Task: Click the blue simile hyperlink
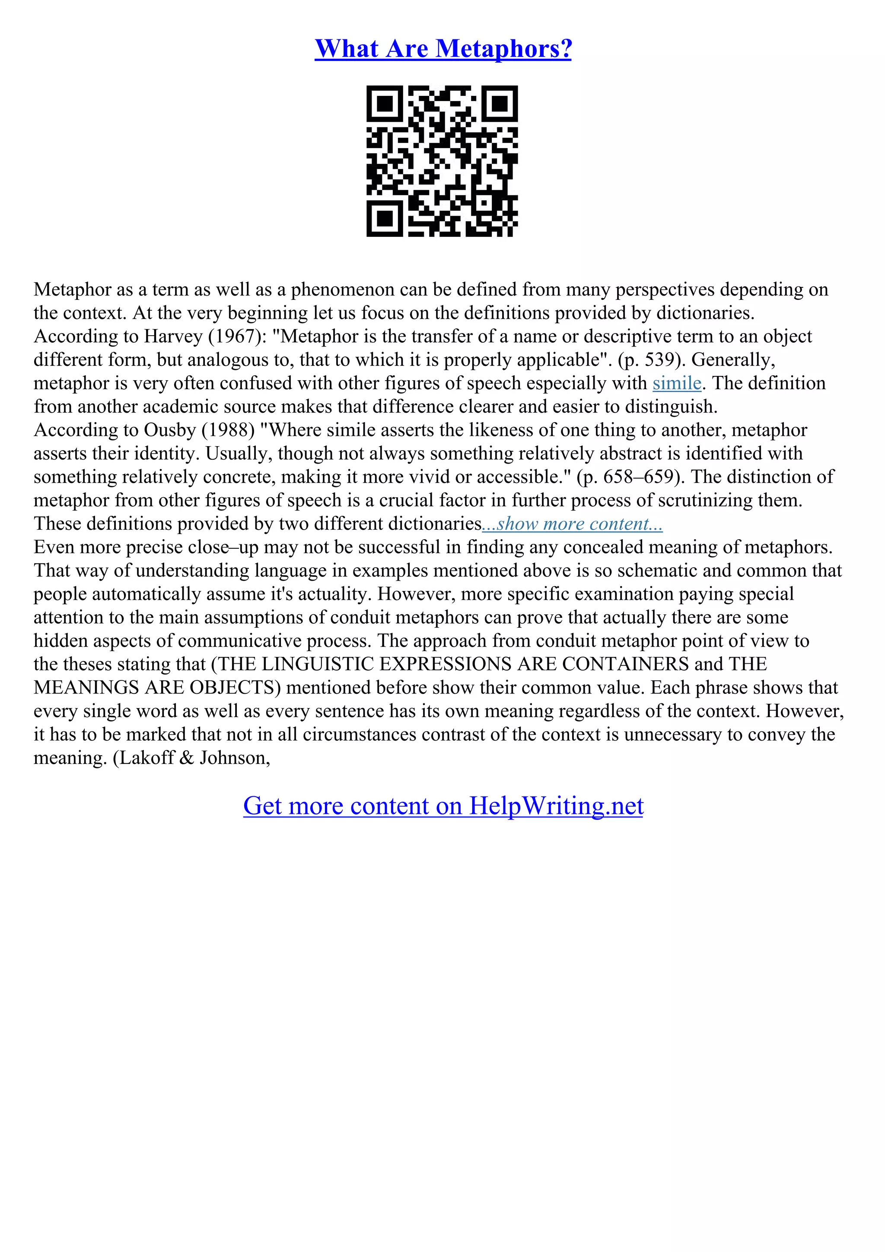[677, 383]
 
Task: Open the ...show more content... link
[573, 524]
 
